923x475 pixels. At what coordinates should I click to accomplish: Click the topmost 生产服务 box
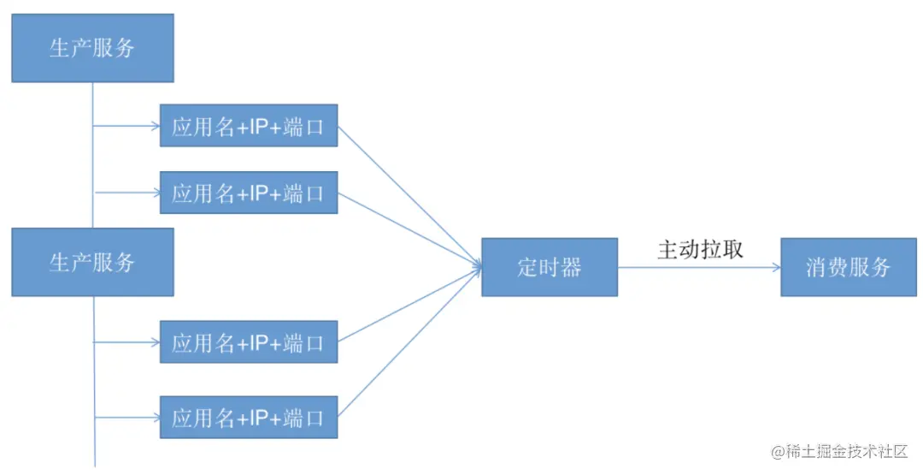tap(92, 48)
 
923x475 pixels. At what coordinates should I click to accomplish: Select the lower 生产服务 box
tap(92, 262)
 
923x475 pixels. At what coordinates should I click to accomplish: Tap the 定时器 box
tap(549, 267)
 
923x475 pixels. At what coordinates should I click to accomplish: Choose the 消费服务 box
tap(848, 267)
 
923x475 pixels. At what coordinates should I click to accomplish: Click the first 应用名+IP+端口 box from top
tap(248, 126)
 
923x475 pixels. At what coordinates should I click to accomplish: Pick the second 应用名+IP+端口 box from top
tap(248, 193)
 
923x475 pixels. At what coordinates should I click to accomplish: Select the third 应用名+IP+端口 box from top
tap(248, 341)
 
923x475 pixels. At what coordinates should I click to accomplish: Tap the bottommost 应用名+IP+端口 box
tap(248, 417)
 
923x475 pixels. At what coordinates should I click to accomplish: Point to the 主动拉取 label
tap(700, 249)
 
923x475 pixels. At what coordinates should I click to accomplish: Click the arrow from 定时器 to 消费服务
tap(698, 267)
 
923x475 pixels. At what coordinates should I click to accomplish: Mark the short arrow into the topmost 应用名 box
tap(126, 126)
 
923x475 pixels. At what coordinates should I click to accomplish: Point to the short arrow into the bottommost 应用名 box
tap(126, 417)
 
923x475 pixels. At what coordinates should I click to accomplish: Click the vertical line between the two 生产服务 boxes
tap(92, 154)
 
